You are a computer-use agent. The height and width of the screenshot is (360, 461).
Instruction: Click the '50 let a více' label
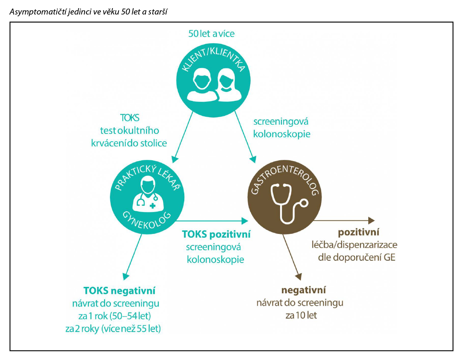211,33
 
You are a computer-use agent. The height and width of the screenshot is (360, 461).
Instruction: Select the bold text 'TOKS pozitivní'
216,234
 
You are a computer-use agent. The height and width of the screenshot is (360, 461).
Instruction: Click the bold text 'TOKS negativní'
119,292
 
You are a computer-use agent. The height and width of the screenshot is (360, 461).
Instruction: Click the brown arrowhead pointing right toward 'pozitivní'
371,220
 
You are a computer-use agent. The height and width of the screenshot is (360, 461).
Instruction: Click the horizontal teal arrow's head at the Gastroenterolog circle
245,221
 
